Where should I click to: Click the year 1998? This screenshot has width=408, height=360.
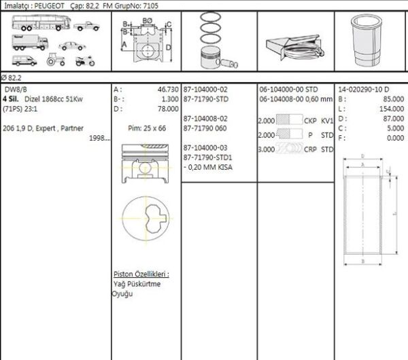click(98, 138)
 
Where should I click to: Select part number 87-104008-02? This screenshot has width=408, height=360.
click(205, 118)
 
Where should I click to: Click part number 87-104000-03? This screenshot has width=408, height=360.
click(205, 147)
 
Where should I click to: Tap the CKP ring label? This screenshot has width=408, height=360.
click(310, 120)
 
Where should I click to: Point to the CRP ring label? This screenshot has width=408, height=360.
click(310, 149)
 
